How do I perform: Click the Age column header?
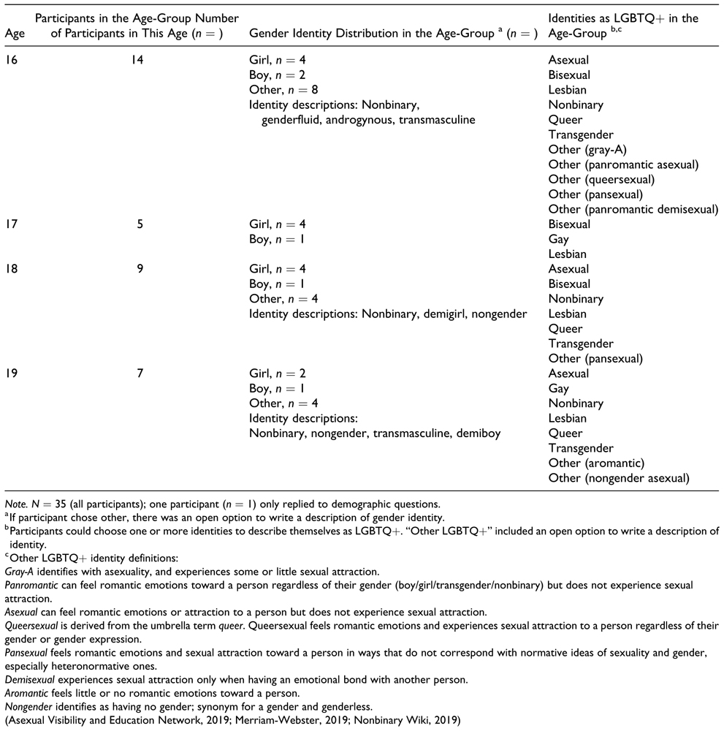coord(12,33)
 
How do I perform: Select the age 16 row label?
coord(12,60)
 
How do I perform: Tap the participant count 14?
coord(134,60)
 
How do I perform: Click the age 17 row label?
coord(12,224)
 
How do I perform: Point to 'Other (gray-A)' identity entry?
coord(587,150)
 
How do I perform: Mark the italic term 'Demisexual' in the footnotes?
coord(30,679)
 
